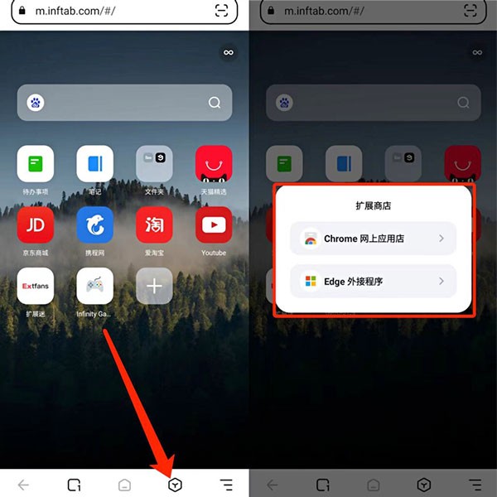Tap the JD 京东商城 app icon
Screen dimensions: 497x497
[x=36, y=224]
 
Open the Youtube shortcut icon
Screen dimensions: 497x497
[x=214, y=224]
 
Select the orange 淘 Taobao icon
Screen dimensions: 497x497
[x=154, y=224]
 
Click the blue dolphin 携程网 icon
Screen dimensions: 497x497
[x=95, y=224]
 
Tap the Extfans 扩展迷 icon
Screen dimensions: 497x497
[x=36, y=286]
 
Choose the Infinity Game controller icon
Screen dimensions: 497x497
[x=95, y=286]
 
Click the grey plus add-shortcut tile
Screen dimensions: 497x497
[x=154, y=286]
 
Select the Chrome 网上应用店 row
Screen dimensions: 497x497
[x=374, y=239]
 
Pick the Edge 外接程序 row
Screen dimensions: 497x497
[x=374, y=282]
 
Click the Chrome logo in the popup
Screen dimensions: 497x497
[x=311, y=239]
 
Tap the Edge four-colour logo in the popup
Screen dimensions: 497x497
[x=311, y=282]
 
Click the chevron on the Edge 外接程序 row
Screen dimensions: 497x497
[x=442, y=282]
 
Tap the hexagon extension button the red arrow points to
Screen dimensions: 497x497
[x=175, y=485]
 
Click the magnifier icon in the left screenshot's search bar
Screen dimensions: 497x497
[x=215, y=103]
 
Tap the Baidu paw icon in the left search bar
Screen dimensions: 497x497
[x=36, y=103]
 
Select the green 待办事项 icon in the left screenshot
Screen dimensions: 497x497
[x=36, y=163]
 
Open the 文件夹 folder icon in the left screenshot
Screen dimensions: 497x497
[x=154, y=163]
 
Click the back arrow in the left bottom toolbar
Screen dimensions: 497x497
[x=23, y=485]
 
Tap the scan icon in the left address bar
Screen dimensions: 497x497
[x=221, y=11]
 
